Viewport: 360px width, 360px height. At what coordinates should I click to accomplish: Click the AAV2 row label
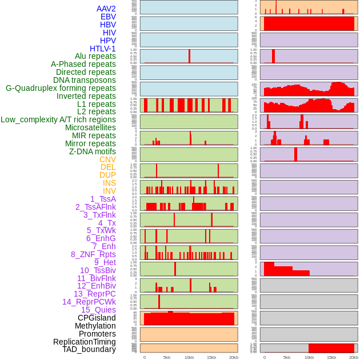[x=106, y=9]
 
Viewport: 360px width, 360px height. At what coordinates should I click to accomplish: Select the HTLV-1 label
[x=103, y=49]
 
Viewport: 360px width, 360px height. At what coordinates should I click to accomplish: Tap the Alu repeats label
[x=95, y=56]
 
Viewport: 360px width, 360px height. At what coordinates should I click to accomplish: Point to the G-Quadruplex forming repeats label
[x=61, y=88]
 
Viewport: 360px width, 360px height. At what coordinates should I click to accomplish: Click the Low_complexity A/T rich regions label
[x=58, y=119]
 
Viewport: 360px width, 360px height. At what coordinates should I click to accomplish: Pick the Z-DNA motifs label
[x=93, y=151]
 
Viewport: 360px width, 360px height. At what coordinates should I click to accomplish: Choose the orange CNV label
[x=107, y=159]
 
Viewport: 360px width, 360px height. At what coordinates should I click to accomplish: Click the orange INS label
[x=109, y=183]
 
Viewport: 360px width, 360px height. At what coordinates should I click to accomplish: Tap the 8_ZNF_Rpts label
[x=93, y=254]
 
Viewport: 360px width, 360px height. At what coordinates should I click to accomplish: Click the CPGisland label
[x=97, y=318]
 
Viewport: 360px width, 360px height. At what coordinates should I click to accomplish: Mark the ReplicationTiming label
[x=84, y=342]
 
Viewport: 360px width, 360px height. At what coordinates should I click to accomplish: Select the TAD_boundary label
[x=89, y=349]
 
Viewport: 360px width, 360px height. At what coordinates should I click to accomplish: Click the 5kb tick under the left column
[x=167, y=357]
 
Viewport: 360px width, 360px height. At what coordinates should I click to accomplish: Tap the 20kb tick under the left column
[x=234, y=357]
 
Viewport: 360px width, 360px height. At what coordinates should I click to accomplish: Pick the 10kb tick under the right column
[x=309, y=357]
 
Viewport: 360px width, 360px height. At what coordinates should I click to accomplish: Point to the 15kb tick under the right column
[x=331, y=357]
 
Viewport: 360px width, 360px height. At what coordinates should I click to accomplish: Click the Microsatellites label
[x=90, y=127]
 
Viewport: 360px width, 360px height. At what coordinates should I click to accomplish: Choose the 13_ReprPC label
[x=95, y=294]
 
